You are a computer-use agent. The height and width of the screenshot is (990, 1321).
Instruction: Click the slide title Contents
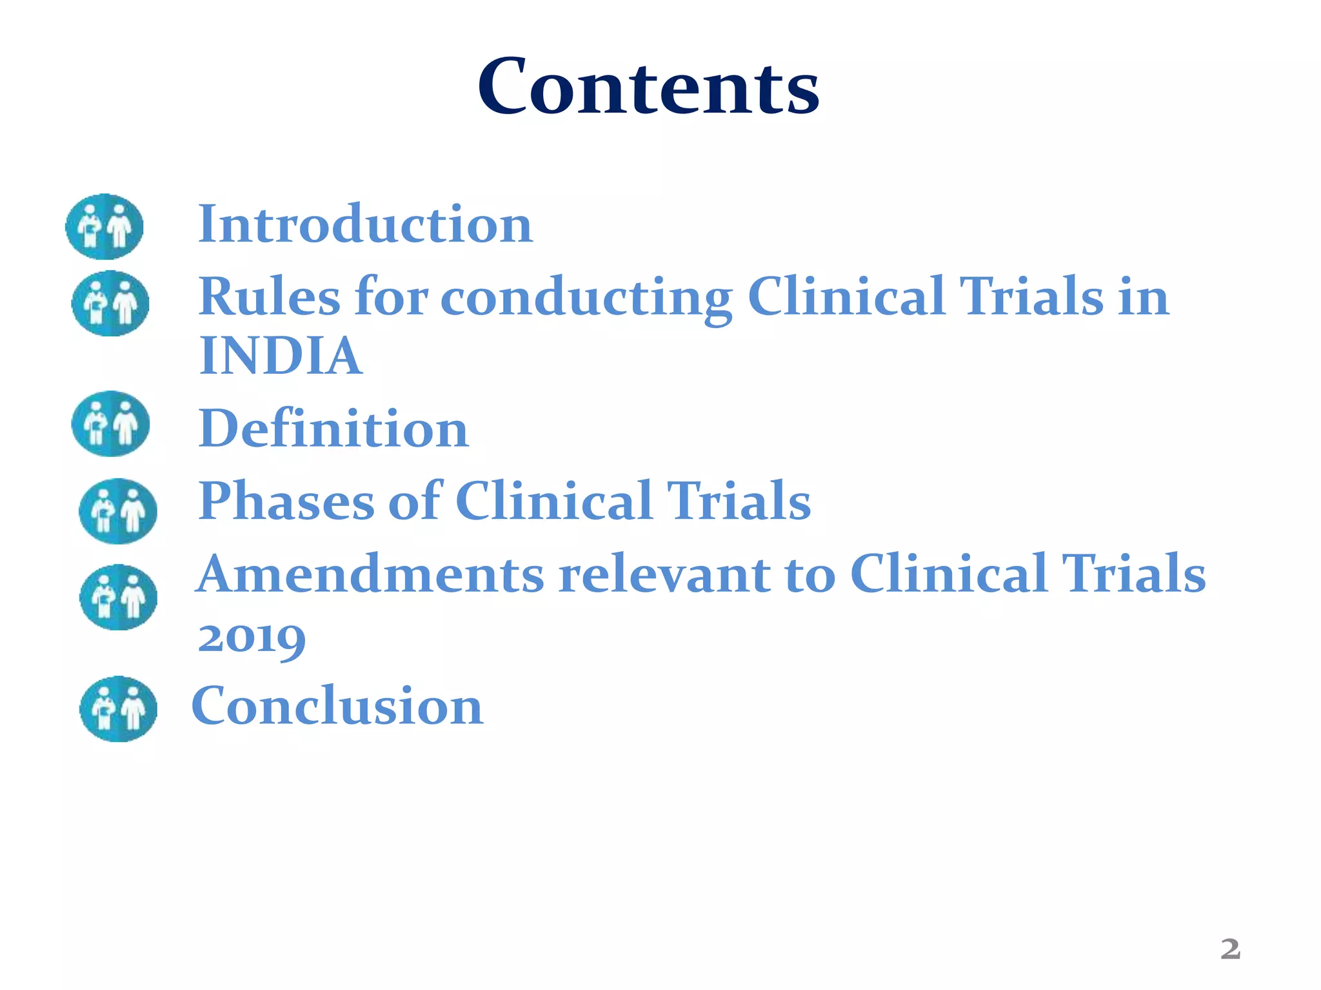click(648, 87)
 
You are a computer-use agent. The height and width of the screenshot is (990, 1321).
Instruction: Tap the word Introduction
click(365, 224)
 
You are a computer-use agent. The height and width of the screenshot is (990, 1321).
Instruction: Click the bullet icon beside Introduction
click(104, 227)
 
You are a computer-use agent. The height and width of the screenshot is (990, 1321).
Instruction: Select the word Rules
click(268, 296)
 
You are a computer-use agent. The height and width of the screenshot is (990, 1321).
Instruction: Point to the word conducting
click(586, 298)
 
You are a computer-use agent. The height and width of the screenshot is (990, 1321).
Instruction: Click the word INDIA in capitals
click(280, 356)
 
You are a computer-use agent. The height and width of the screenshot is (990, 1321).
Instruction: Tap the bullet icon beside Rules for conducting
click(110, 304)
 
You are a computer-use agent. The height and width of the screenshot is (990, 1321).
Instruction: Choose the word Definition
click(333, 429)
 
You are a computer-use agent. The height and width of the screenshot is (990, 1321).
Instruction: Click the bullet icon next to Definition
click(110, 424)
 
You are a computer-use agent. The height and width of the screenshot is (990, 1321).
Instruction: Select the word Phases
click(286, 501)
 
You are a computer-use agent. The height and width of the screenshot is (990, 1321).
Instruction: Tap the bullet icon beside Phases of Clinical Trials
click(117, 511)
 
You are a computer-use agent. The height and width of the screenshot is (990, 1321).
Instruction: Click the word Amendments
click(370, 574)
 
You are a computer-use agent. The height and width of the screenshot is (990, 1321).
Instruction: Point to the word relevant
click(664, 574)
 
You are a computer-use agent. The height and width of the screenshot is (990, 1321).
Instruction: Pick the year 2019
click(252, 638)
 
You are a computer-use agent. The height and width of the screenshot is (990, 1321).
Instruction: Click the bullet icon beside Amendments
click(118, 597)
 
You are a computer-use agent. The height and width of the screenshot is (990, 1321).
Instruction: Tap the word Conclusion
click(337, 706)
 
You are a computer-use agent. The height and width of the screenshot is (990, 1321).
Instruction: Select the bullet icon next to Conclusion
click(118, 709)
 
